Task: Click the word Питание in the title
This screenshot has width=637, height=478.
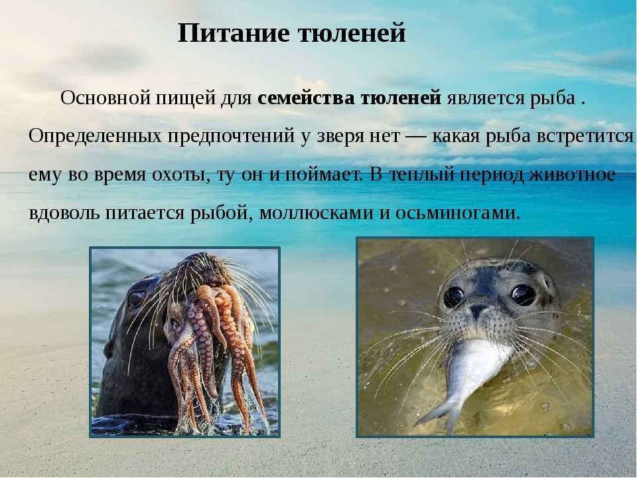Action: [234, 33]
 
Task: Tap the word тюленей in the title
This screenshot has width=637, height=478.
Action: [352, 33]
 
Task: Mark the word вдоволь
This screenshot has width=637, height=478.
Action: [64, 213]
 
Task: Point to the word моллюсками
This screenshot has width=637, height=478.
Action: [316, 213]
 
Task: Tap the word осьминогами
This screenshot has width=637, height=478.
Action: [458, 213]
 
